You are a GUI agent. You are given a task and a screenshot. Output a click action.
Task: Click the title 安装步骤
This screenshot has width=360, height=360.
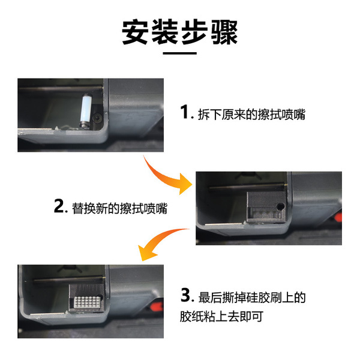click(180, 32)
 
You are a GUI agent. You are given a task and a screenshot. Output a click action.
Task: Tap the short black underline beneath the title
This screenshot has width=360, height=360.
click(180, 53)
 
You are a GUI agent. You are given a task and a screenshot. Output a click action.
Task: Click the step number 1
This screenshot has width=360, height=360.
click(184, 112)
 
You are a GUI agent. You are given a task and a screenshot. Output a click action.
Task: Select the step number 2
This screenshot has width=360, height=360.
click(59, 206)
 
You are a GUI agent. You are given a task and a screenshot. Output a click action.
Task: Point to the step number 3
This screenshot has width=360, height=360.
click(185, 295)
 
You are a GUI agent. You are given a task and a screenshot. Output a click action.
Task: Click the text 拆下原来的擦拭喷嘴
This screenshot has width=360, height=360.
click(251, 114)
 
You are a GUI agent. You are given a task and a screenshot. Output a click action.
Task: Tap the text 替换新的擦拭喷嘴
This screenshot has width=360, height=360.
click(119, 208)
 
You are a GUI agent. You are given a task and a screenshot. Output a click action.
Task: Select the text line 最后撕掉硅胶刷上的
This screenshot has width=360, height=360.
click(252, 298)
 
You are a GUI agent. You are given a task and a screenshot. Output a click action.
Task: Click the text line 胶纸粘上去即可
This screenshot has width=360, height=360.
click(221, 316)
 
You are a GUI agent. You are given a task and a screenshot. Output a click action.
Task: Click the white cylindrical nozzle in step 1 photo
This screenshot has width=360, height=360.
click(85, 110)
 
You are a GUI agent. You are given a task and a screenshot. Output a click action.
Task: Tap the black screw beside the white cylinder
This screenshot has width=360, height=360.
click(97, 118)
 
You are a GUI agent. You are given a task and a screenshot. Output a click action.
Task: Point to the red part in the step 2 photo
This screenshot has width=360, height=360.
click(338, 217)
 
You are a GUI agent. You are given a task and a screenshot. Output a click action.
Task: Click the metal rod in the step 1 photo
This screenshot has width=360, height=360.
click(60, 88)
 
